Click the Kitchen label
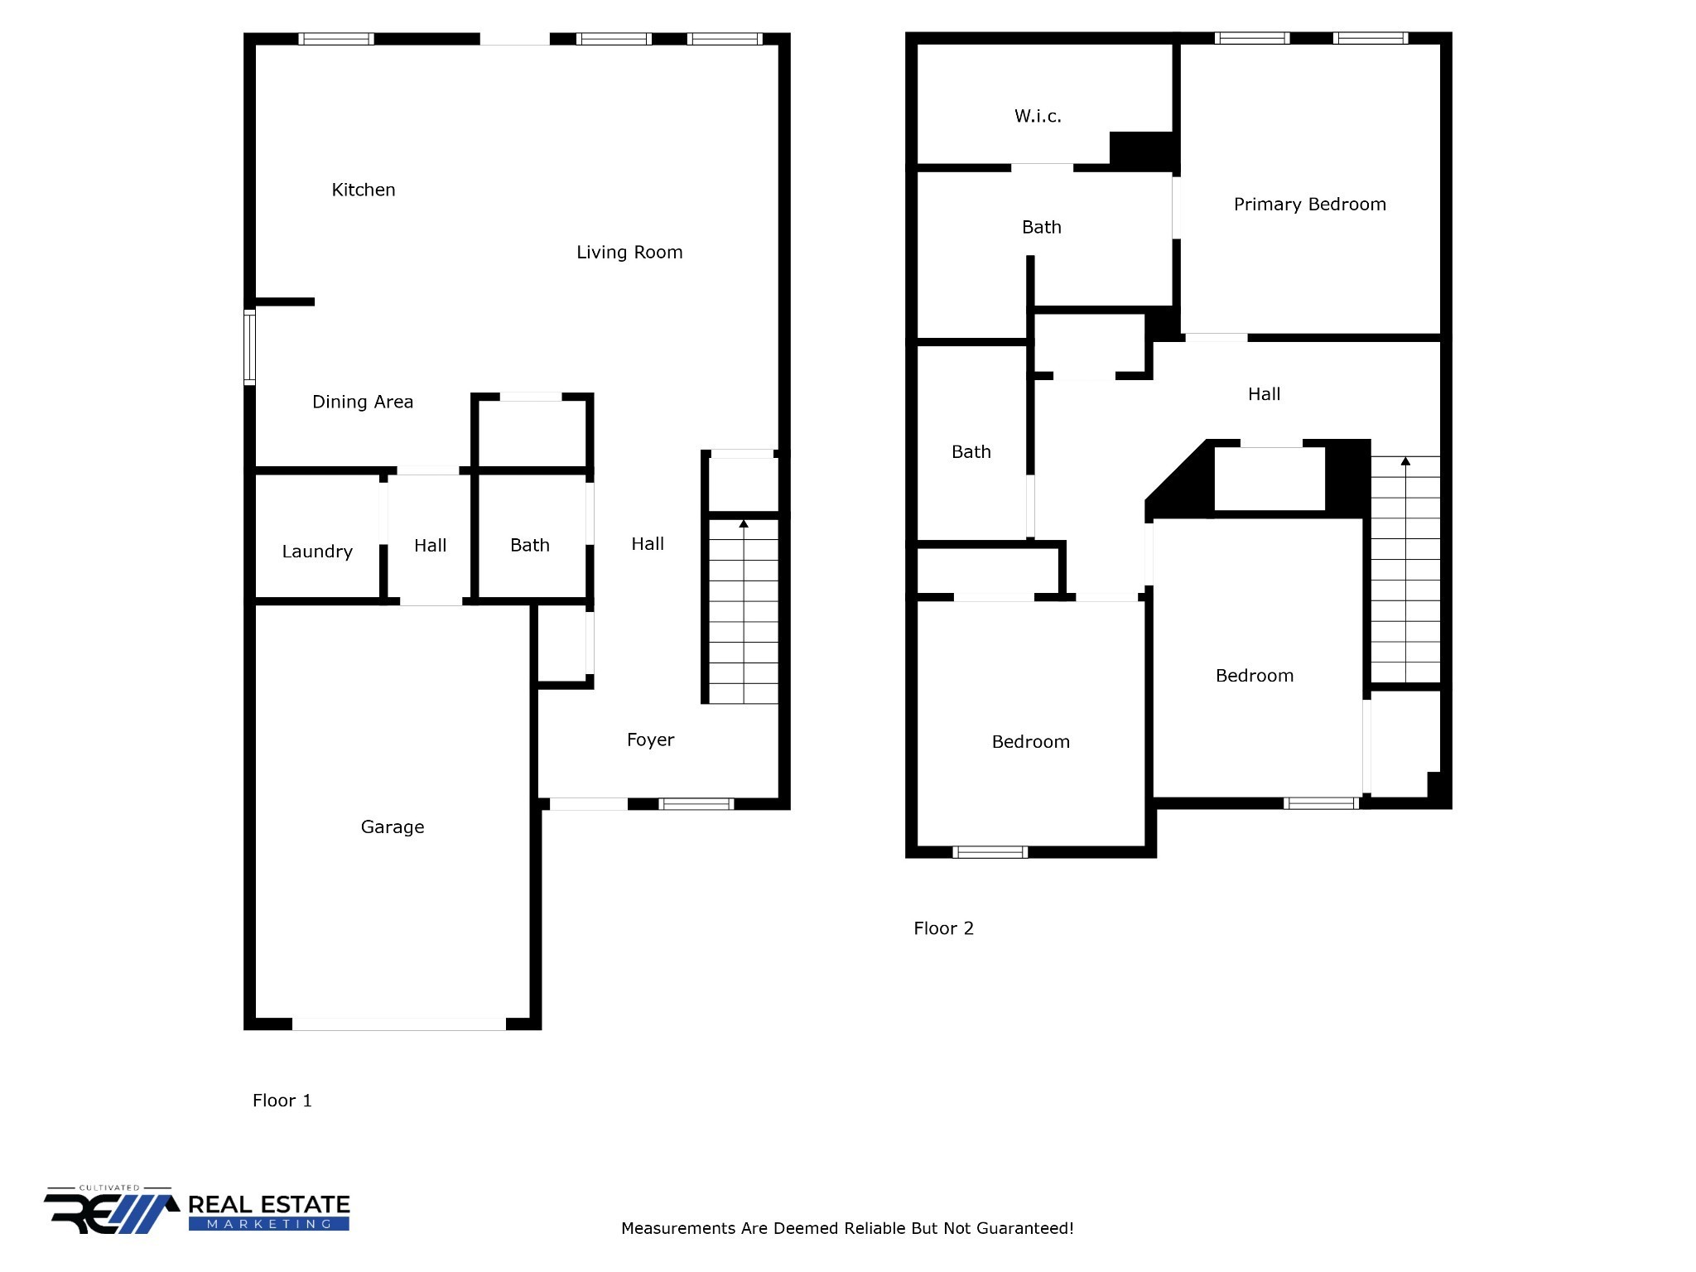tap(364, 190)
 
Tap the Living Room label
tap(629, 253)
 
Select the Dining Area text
tap(362, 402)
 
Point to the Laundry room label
tap(317, 552)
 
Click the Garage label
tap(393, 826)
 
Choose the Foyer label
tap(650, 740)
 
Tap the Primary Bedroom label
tap(1309, 205)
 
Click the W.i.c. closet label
tap(1038, 116)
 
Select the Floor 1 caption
tap(282, 1101)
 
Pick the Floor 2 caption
tap(943, 928)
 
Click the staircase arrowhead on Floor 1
tap(744, 523)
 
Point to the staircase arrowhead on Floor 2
tap(1405, 460)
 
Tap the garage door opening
tap(399, 1024)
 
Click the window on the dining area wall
tap(249, 347)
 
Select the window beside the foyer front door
tap(696, 803)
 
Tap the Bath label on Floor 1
tap(530, 545)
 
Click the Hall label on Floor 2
tap(1264, 394)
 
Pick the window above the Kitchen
tap(336, 39)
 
